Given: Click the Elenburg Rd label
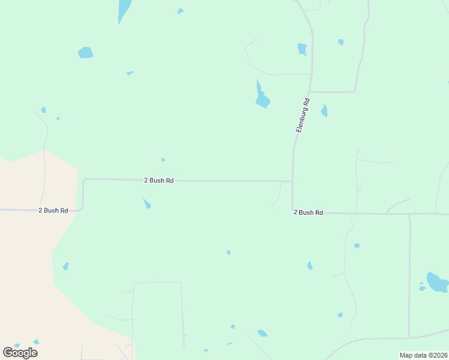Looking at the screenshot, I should tap(303, 115).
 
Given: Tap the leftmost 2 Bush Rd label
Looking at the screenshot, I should tap(53, 211).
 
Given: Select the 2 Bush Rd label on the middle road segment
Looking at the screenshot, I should tap(158, 180).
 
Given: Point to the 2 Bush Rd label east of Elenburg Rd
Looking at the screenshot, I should tap(309, 212).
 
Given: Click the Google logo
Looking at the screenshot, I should tap(20, 353).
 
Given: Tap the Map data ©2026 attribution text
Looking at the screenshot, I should tap(423, 355).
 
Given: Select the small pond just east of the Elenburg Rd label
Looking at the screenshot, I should tap(324, 111).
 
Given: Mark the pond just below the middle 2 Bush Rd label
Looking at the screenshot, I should tap(147, 204).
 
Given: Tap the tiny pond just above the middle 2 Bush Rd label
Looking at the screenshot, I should tap(163, 160).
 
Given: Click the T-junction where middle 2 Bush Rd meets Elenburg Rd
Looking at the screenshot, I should tap(292, 181).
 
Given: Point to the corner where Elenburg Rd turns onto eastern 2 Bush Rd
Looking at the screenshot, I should tap(293, 212).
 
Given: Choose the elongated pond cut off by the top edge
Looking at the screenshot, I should tap(124, 10).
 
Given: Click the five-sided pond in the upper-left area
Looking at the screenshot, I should tap(85, 53).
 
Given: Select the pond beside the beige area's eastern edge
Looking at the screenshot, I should tap(65, 266).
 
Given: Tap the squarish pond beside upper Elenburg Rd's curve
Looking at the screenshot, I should tap(302, 49).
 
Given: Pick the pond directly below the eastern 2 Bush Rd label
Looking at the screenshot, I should tap(310, 265).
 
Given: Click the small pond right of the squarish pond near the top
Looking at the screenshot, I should tap(340, 42).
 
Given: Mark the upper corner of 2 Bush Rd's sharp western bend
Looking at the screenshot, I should tap(84, 179).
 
